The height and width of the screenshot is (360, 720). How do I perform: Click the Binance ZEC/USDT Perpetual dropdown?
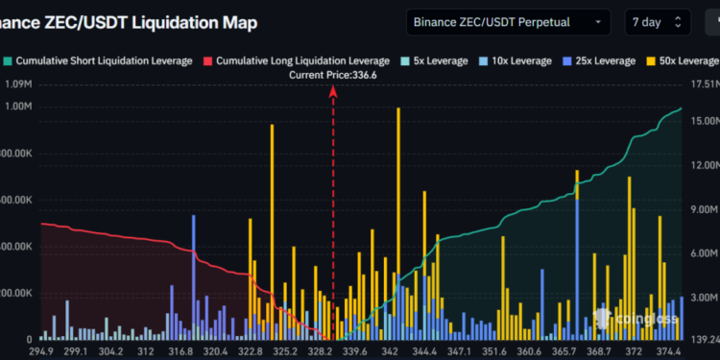pos(507,21)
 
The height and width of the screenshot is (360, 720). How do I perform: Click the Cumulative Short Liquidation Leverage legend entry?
pos(100,60)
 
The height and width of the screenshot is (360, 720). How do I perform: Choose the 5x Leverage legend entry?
pos(430,60)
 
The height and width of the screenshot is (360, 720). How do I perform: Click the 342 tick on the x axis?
pos(391,351)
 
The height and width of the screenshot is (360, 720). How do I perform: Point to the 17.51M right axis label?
pos(704,85)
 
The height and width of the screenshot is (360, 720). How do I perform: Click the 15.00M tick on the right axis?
pos(704,121)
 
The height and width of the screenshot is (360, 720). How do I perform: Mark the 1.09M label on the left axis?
pos(20,85)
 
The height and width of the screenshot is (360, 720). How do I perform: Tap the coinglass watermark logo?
pos(637,318)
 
